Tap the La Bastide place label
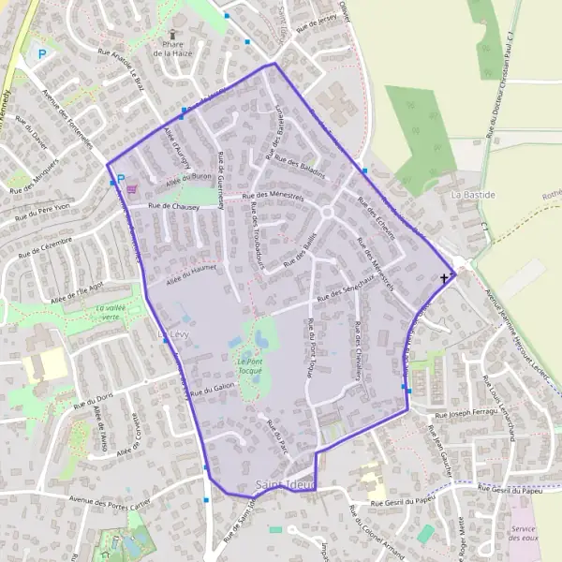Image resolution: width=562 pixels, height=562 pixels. click(x=471, y=195)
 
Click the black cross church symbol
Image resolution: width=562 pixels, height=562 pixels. click(x=444, y=278)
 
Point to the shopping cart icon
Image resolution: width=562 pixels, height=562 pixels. click(x=130, y=187)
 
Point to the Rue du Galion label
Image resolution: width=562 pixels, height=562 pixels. click(x=212, y=392)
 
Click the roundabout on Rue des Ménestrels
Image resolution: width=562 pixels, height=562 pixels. click(x=328, y=212)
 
